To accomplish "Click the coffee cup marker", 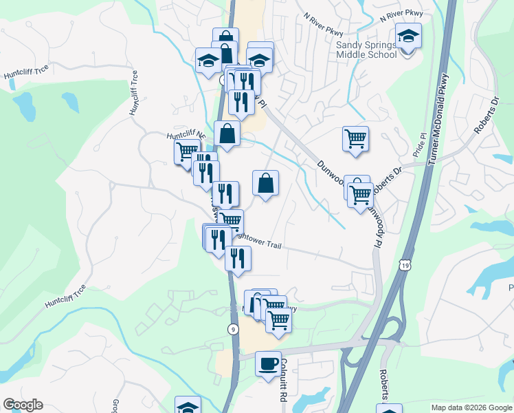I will click(x=268, y=363).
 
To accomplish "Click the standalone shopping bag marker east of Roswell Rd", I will click(x=265, y=184).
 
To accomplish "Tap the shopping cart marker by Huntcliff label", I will click(x=186, y=151).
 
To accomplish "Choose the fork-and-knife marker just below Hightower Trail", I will click(x=238, y=259).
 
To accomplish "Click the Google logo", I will click(x=23, y=405).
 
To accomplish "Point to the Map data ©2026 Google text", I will click(x=471, y=407).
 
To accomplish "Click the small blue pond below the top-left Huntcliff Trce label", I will click(x=25, y=105).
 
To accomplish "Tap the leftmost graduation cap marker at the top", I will click(x=208, y=61).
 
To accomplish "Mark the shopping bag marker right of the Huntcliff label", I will click(x=227, y=134).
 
